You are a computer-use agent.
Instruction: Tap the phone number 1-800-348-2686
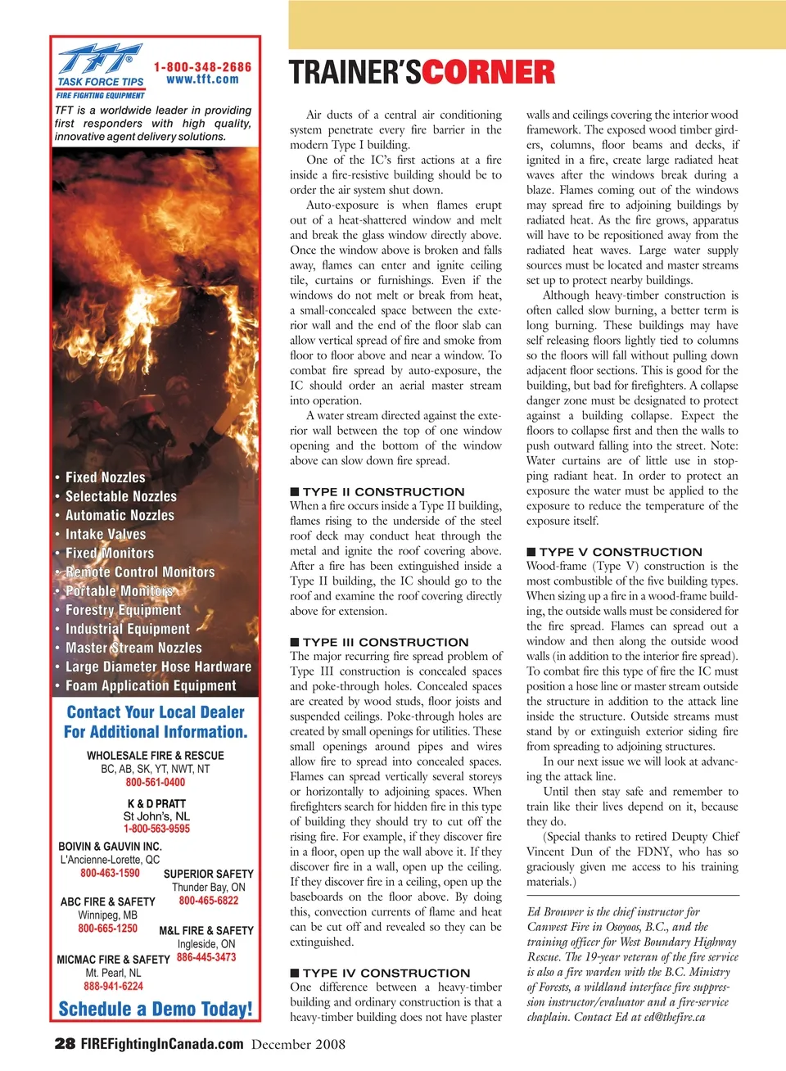202,67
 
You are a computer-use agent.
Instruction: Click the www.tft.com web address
202,79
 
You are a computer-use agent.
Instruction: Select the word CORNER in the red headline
489,73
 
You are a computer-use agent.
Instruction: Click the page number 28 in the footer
65,1044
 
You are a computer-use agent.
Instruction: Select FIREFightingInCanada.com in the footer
162,1044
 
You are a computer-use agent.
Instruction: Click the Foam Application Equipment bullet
151,686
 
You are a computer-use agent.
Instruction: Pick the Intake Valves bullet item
106,535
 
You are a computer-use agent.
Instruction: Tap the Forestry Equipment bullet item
124,610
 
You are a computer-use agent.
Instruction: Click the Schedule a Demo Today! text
156,1009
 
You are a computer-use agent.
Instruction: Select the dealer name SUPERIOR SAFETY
209,874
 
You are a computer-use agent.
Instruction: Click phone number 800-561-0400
156,783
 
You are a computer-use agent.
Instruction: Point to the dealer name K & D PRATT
156,804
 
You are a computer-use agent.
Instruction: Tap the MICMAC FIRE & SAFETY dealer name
113,960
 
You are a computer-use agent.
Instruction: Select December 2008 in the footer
298,1045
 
